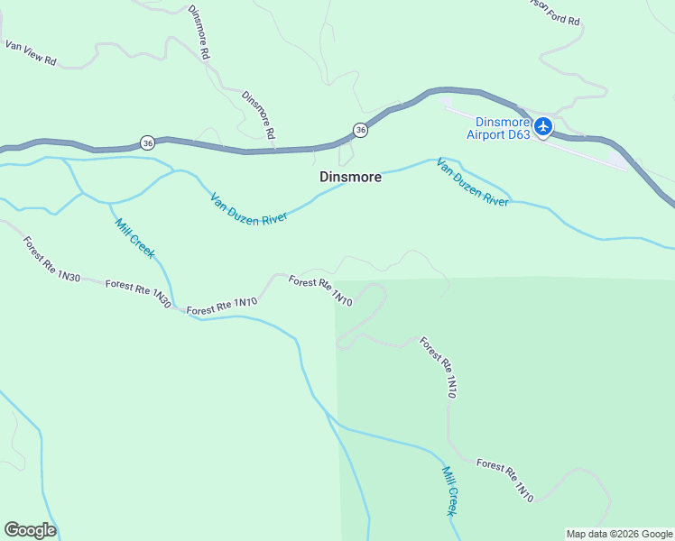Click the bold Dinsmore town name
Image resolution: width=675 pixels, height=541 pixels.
(x=350, y=178)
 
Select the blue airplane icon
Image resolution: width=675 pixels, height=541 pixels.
(x=542, y=127)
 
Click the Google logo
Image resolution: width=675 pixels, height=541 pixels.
(x=30, y=529)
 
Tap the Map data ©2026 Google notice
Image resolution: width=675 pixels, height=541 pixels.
(x=619, y=534)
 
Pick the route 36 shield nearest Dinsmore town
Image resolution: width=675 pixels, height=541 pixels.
(x=360, y=131)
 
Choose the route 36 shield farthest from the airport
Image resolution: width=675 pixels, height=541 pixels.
(x=147, y=142)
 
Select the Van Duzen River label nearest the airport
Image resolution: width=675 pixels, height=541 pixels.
(x=472, y=182)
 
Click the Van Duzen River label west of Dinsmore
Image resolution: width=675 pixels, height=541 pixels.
(x=248, y=209)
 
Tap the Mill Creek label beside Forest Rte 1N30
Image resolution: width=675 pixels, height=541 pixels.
(x=134, y=237)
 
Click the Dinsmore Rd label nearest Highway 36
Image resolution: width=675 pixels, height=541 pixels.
(x=258, y=114)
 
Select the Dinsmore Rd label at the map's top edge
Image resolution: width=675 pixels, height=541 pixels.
(x=199, y=32)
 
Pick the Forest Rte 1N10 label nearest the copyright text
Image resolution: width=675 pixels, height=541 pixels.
(x=505, y=480)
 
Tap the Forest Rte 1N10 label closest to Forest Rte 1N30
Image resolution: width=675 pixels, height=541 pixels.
(x=222, y=305)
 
